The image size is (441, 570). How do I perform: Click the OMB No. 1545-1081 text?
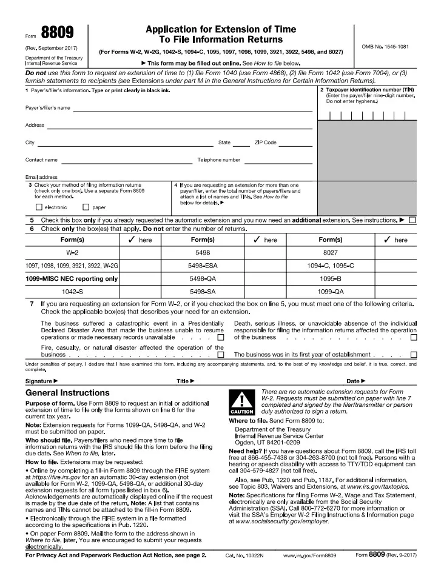390,46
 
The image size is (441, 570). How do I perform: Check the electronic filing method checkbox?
39,207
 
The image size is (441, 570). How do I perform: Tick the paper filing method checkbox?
86,207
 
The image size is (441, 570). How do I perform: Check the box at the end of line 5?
413,220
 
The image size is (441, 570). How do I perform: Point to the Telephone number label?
218,160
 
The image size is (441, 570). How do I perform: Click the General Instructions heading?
67,393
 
